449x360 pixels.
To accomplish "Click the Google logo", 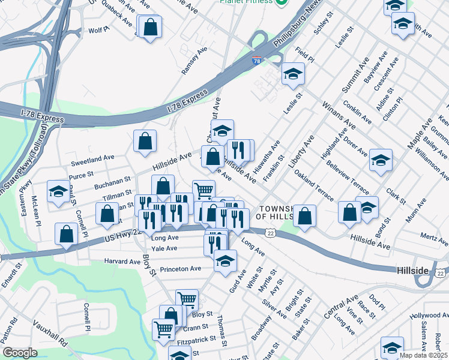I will (x=20, y=352).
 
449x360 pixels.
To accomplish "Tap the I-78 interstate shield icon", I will (x=256, y=61).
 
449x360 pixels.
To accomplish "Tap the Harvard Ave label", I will (x=122, y=262).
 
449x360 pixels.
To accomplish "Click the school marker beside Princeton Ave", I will (x=225, y=261).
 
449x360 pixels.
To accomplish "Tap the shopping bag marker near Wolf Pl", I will (x=150, y=26).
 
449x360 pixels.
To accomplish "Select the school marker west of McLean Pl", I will (x=58, y=191).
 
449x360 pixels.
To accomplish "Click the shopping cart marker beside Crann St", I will (x=164, y=328).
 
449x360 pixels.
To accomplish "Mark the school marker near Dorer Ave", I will (x=381, y=160).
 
